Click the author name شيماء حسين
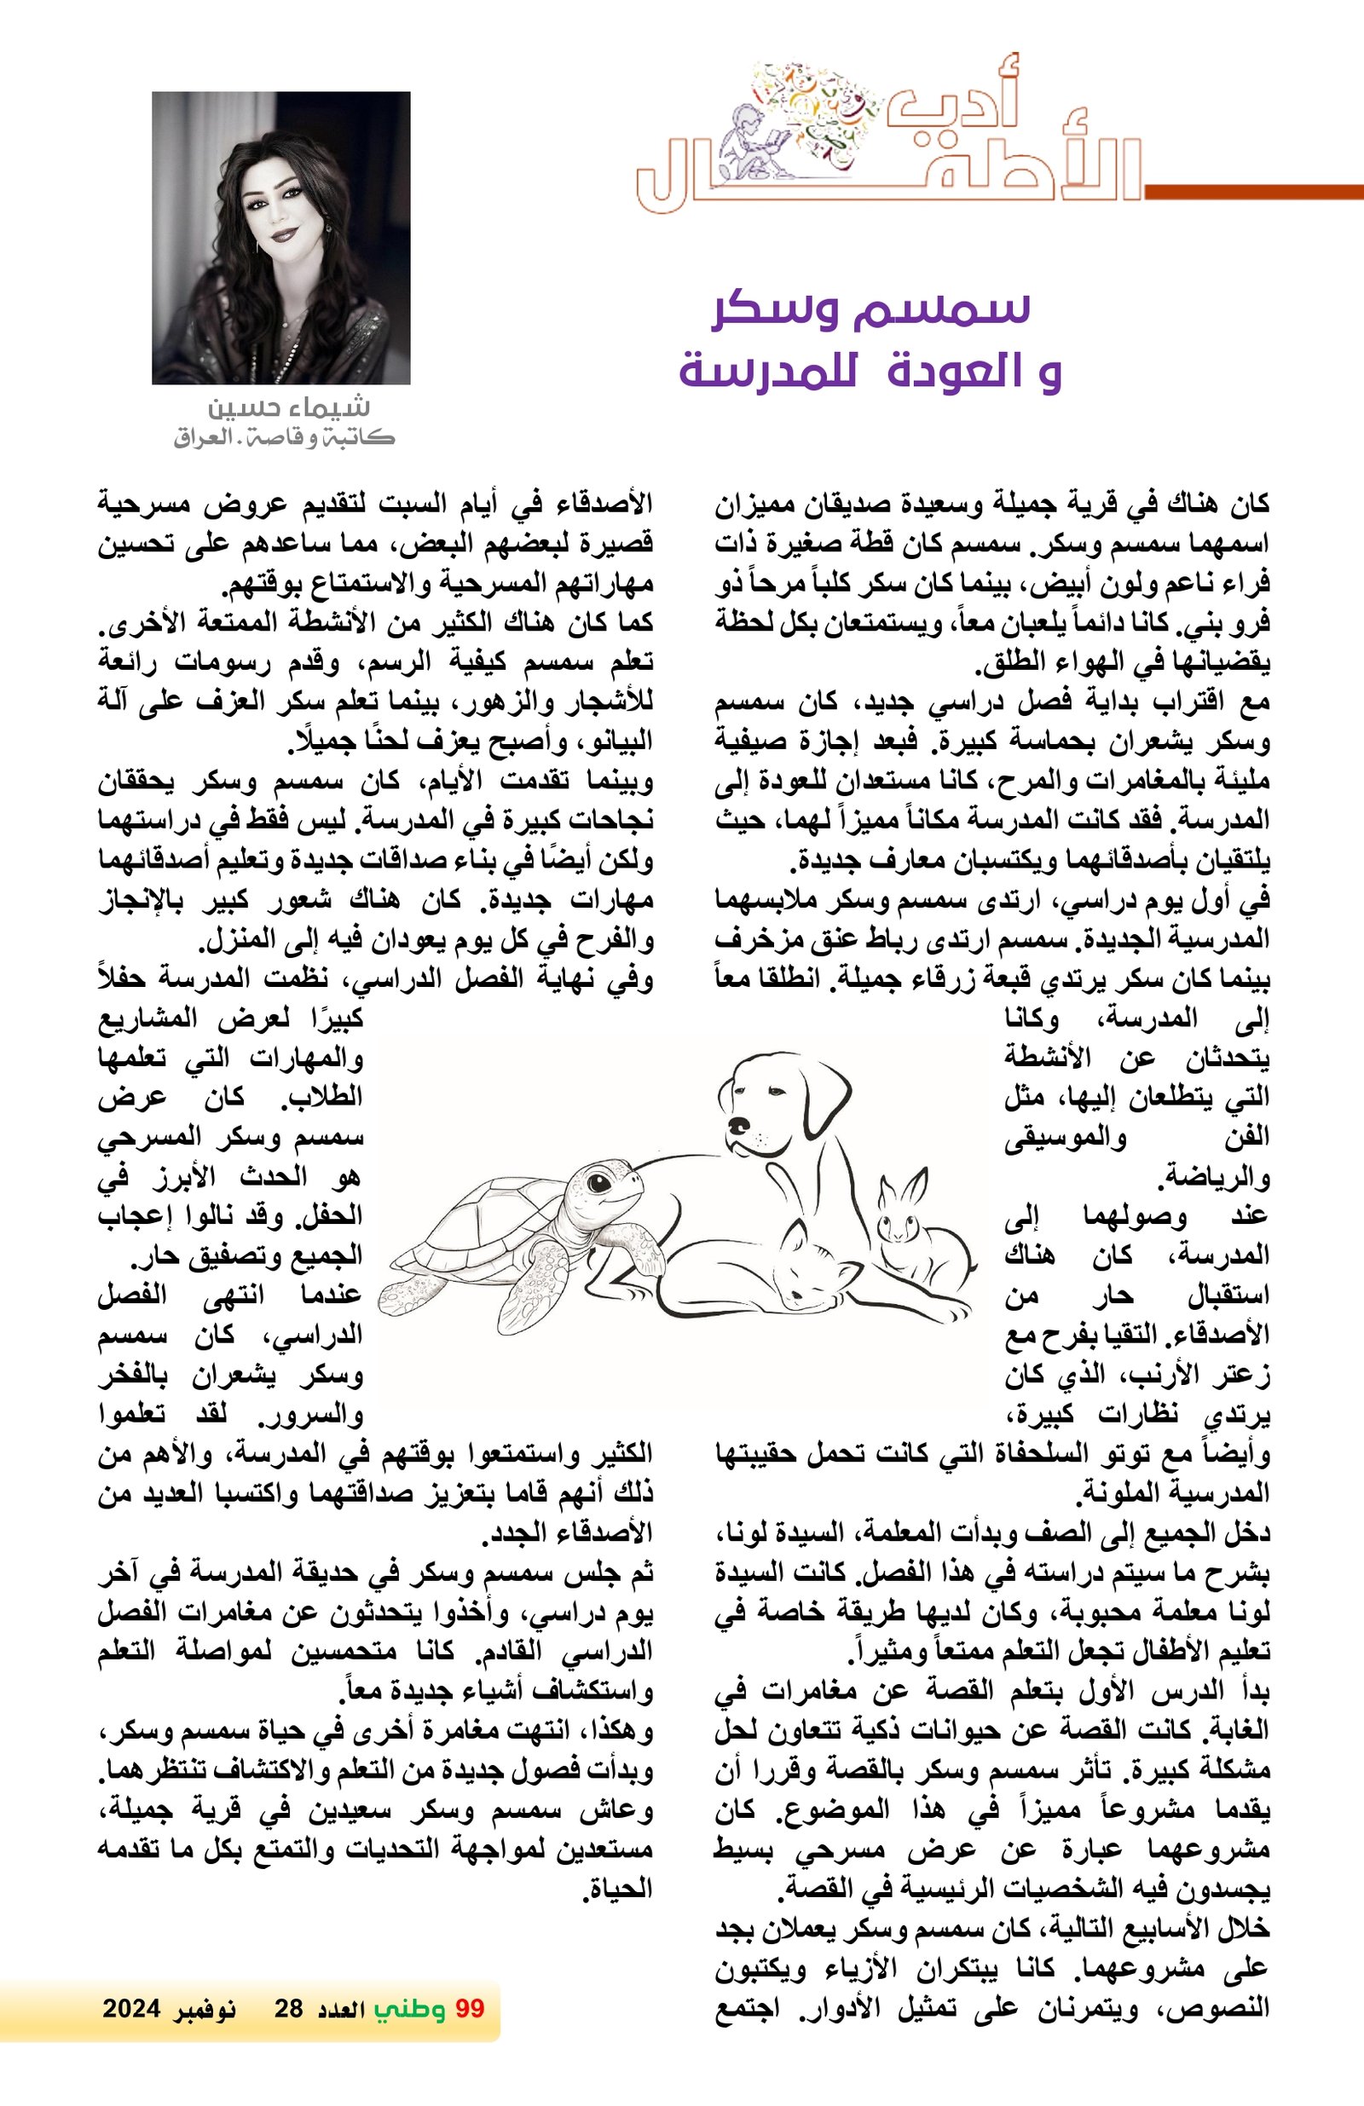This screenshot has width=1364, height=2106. pyautogui.click(x=288, y=408)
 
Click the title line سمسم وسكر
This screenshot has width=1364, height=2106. pyautogui.click(x=873, y=309)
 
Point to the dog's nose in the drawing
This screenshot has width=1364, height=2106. pyautogui.click(x=737, y=1125)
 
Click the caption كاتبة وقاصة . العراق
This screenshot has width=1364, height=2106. pyautogui.click(x=283, y=437)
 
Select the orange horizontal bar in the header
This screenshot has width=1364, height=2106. pyautogui.click(x=1253, y=191)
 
